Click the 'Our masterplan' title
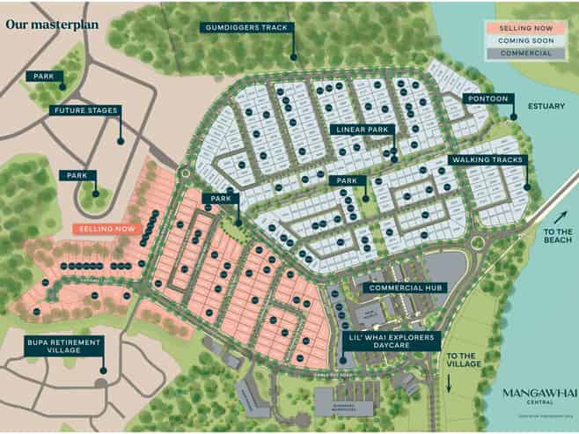click(52, 24)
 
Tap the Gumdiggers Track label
click(246, 28)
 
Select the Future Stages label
click(84, 111)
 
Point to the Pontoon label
click(487, 99)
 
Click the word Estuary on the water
click(544, 105)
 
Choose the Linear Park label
click(363, 129)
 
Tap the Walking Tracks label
click(487, 160)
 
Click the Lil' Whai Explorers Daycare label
click(389, 341)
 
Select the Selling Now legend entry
click(525, 28)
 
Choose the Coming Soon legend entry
click(525, 40)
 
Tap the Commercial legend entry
click(525, 53)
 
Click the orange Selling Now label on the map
click(107, 229)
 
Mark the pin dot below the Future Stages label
click(121, 140)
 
